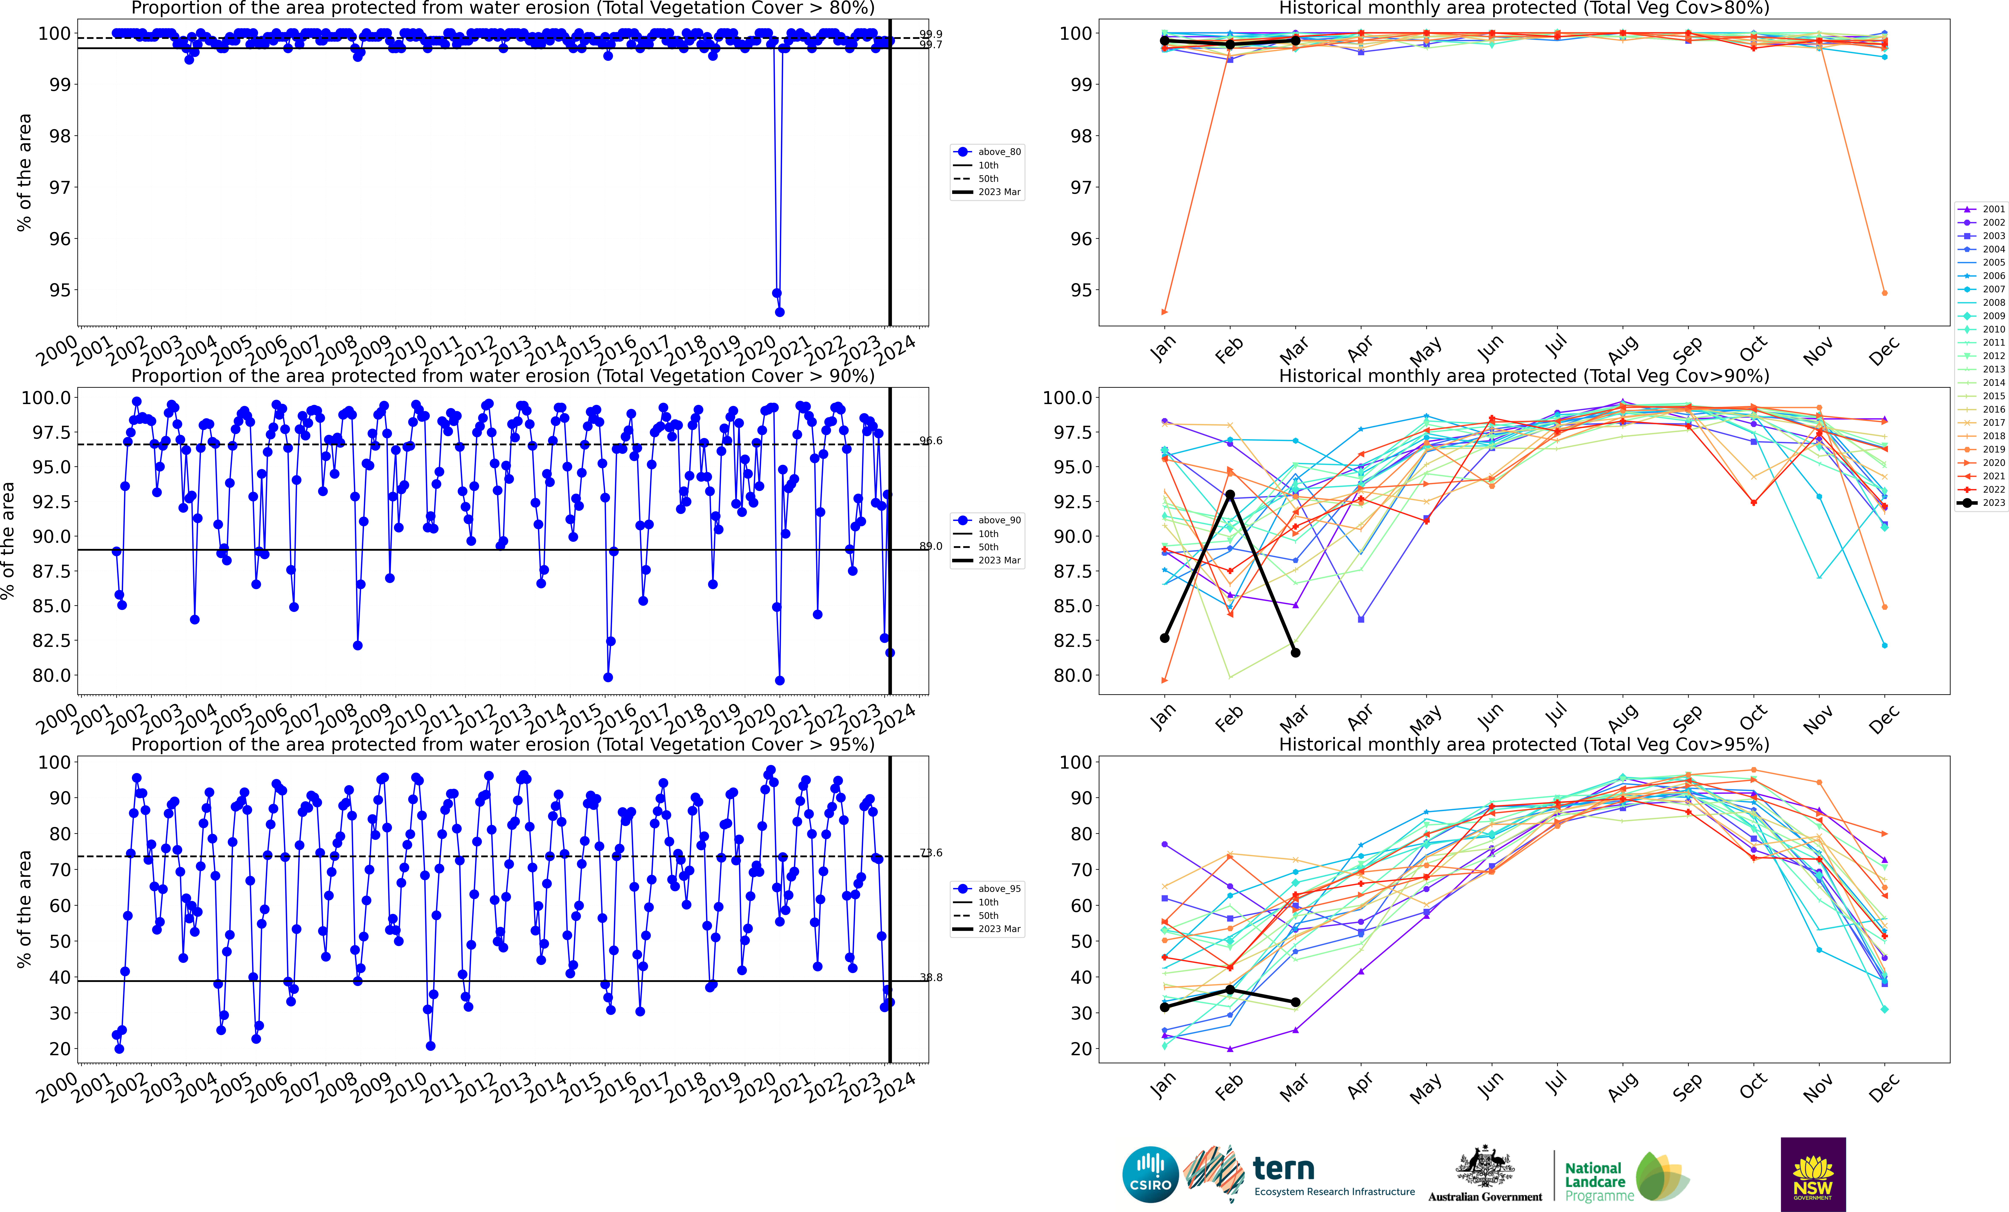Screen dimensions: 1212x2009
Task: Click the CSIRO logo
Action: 1150,1175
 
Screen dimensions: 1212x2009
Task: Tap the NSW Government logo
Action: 1812,1175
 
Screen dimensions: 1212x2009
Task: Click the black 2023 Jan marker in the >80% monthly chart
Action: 1164,41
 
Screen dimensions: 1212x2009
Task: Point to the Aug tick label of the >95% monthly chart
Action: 1623,1086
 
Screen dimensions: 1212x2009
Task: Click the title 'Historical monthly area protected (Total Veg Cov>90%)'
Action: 1524,376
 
